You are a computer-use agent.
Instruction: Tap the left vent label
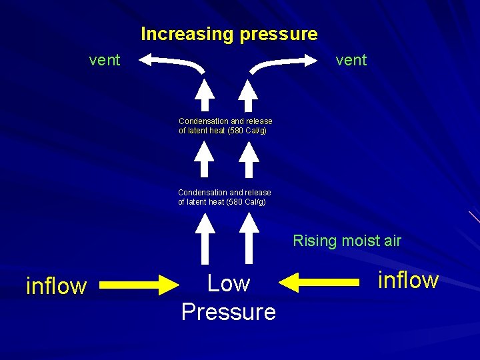105,60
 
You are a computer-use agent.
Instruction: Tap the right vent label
351,60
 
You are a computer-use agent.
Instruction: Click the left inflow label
56,286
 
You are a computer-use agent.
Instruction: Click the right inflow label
408,280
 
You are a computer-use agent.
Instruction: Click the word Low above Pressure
229,283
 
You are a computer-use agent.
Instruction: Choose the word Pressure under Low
229,311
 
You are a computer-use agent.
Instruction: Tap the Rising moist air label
347,241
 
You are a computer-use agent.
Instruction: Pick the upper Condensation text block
225,126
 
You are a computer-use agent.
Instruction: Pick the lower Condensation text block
225,197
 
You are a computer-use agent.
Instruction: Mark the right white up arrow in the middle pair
249,160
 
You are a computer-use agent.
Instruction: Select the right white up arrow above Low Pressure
249,237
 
